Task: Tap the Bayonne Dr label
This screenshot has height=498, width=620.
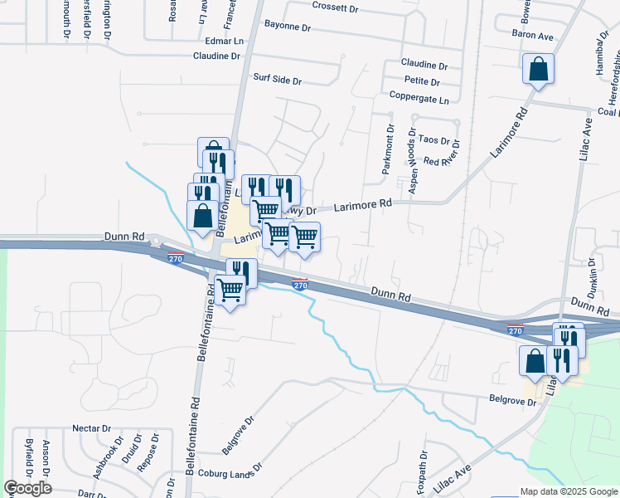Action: coord(288,27)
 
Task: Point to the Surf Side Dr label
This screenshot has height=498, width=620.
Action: coord(277,81)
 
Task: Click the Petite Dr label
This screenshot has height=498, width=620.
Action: coord(423,81)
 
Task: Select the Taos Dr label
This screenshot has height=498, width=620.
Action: coord(434,141)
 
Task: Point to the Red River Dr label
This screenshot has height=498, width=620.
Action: coord(441,161)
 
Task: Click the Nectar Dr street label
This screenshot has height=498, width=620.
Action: coord(92,428)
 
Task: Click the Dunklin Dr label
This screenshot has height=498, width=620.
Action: coord(593,267)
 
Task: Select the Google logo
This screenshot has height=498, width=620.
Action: coord(27,488)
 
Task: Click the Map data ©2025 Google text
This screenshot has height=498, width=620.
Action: coord(568,491)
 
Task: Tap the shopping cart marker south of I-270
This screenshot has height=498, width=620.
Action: coord(230,291)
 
